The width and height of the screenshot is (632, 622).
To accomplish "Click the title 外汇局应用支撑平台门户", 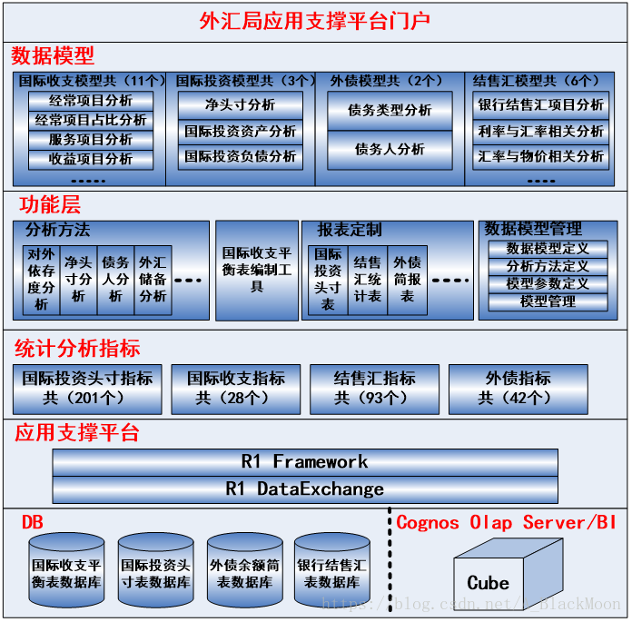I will pos(315,21).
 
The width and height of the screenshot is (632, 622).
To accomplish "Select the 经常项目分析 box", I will pos(91,101).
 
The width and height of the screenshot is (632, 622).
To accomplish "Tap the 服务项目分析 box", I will pos(91,140).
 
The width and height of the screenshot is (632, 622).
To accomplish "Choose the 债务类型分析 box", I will pos(390,111).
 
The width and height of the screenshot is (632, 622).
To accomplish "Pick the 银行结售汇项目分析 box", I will pos(541,104).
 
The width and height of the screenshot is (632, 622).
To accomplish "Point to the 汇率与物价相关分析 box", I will pos(541,156).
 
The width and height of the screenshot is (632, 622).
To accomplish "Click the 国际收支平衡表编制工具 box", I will pos(257,270).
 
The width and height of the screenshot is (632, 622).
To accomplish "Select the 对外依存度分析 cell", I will pos(41,280).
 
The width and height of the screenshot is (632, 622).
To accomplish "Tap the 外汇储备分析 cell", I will pos(153,280).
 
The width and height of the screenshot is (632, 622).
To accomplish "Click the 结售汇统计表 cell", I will pos(367,280).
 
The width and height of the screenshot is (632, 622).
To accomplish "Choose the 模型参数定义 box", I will pos(548,284).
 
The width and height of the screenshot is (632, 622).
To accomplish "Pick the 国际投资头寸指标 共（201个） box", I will pos(88,389).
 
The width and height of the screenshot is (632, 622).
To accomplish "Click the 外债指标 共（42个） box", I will pos(518,389).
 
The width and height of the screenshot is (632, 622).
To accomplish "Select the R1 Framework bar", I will pos(305,462).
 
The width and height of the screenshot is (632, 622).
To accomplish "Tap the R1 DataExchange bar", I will pos(305,489).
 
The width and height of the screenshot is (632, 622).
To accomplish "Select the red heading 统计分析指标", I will pos(77,349).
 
